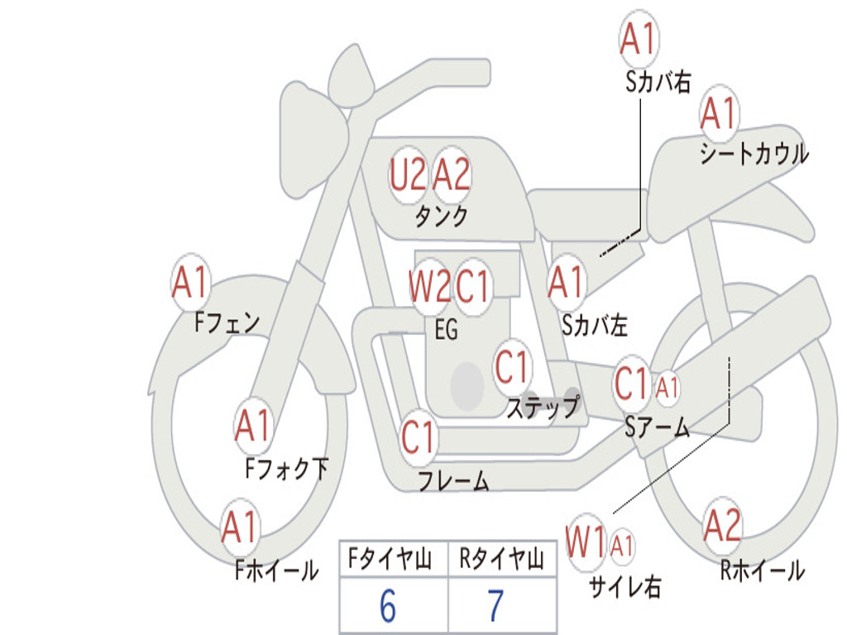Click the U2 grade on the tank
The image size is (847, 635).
408,174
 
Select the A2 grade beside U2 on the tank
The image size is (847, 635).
452,174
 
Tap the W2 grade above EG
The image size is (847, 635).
429,285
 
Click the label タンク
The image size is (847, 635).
442,216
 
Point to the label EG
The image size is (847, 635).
447,329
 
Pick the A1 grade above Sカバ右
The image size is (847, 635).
639,38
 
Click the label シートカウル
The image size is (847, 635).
754,153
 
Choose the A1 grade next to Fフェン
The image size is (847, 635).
190,281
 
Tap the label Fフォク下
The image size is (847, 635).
286,468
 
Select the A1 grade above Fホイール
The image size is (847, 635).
240,527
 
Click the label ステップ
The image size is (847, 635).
543,406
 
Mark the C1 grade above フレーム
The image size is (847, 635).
418,436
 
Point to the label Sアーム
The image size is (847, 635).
658,427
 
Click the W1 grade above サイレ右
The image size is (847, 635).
586,542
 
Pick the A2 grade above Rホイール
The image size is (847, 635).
722,525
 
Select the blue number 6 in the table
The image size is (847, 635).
388,606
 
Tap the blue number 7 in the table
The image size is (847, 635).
496,606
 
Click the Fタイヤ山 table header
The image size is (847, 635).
390,559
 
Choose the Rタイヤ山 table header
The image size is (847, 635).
502,559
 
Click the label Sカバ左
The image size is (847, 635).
594,325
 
